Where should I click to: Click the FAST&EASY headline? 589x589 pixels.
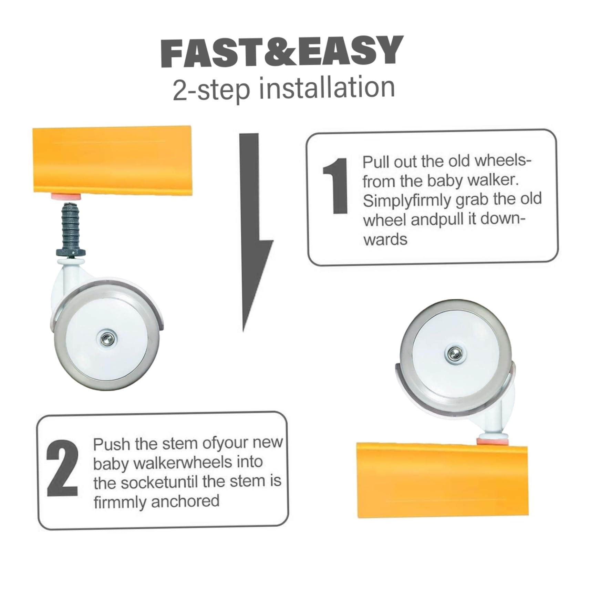pyautogui.click(x=282, y=52)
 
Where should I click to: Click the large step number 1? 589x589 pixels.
pyautogui.click(x=335, y=186)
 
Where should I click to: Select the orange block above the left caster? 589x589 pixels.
pyautogui.click(x=112, y=160)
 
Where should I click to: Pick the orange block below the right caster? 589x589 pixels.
pyautogui.click(x=442, y=480)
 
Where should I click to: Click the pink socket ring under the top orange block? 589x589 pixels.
pyautogui.click(x=66, y=197)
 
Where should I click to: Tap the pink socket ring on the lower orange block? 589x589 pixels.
pyautogui.click(x=492, y=441)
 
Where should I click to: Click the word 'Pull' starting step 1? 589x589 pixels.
pyautogui.click(x=376, y=162)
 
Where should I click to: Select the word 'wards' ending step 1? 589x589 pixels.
pyautogui.click(x=385, y=239)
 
